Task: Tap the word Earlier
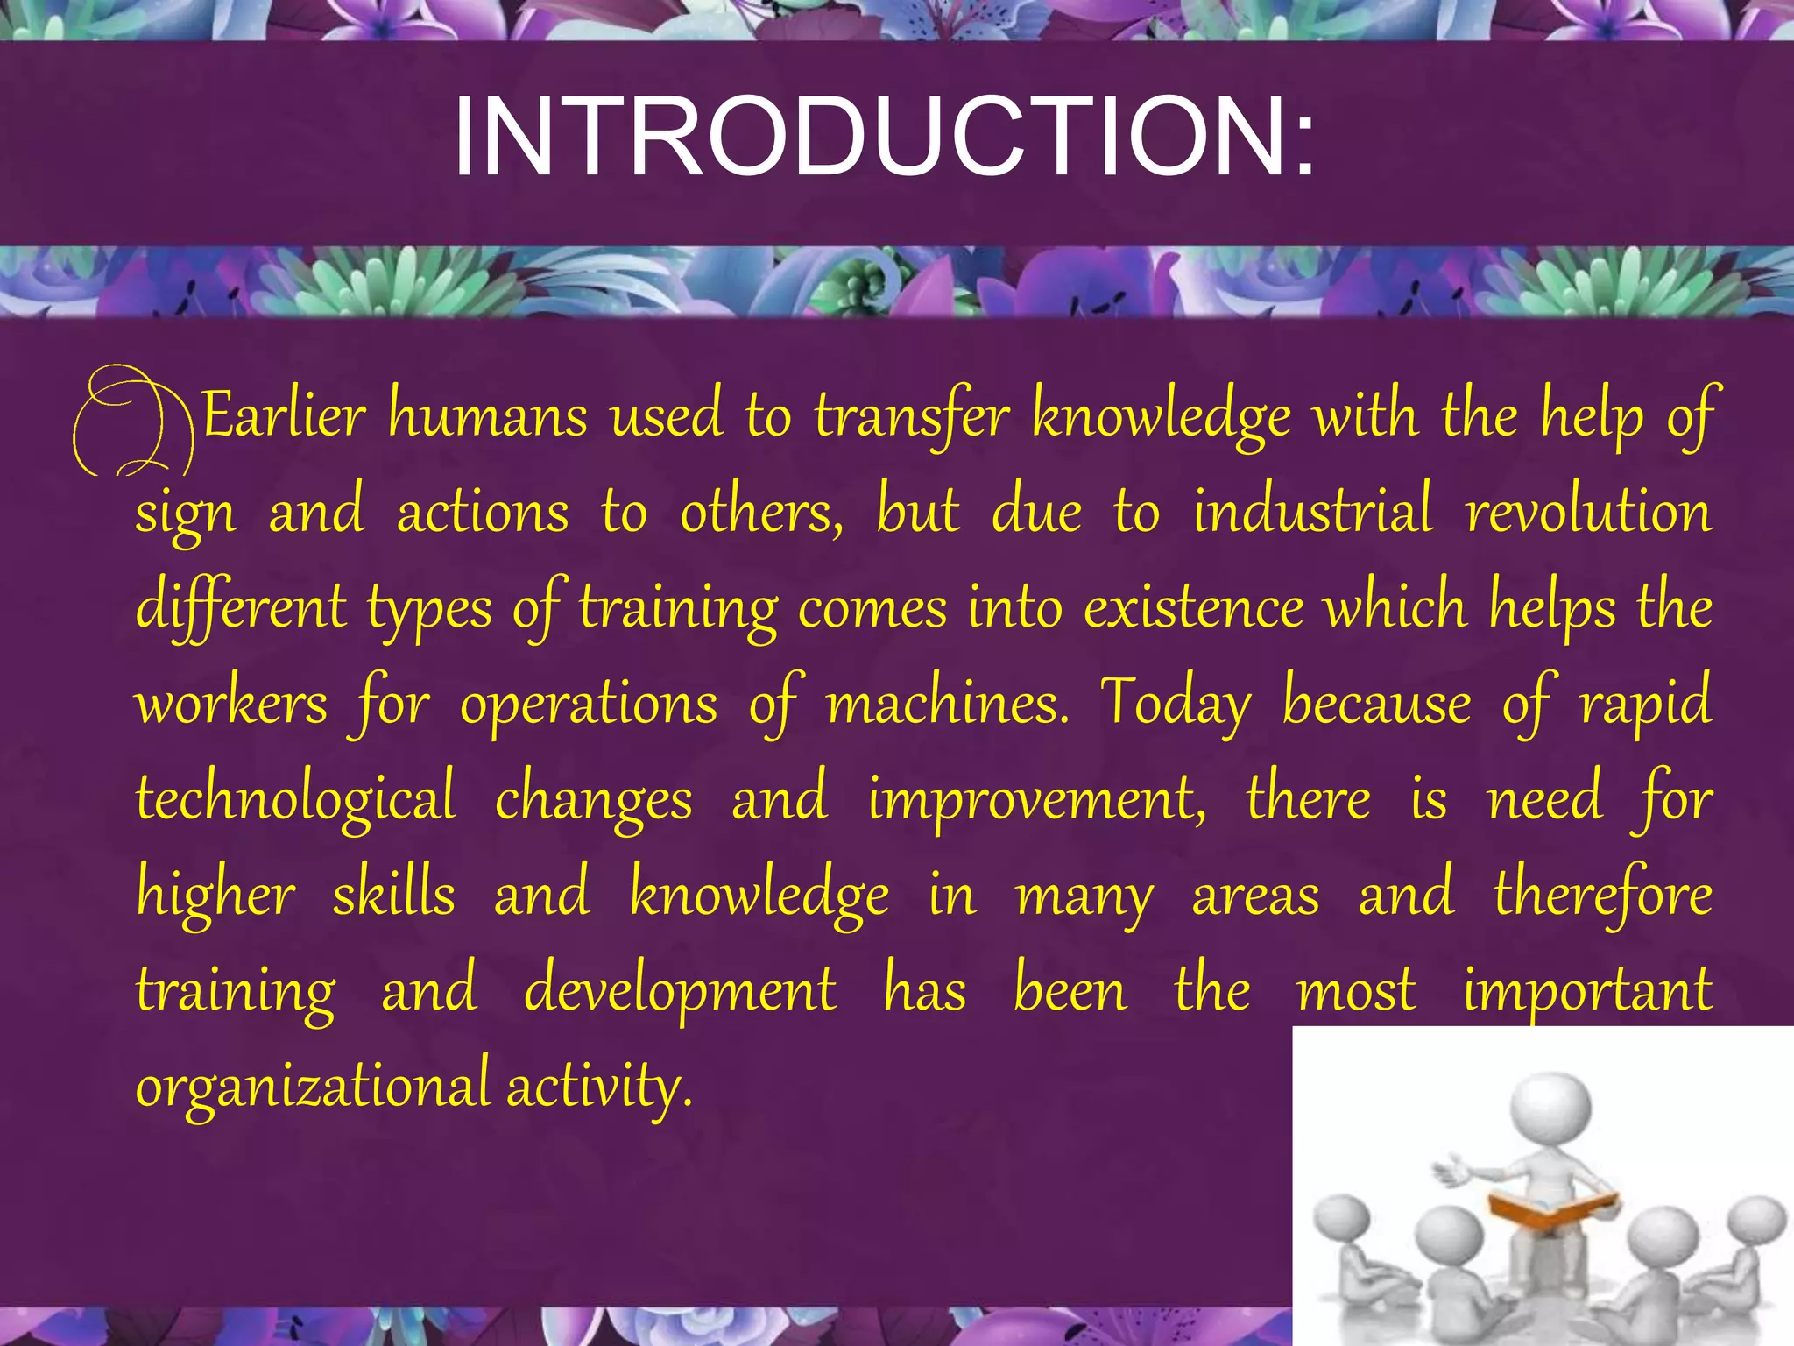click(x=283, y=416)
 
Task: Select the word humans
click(x=488, y=416)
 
